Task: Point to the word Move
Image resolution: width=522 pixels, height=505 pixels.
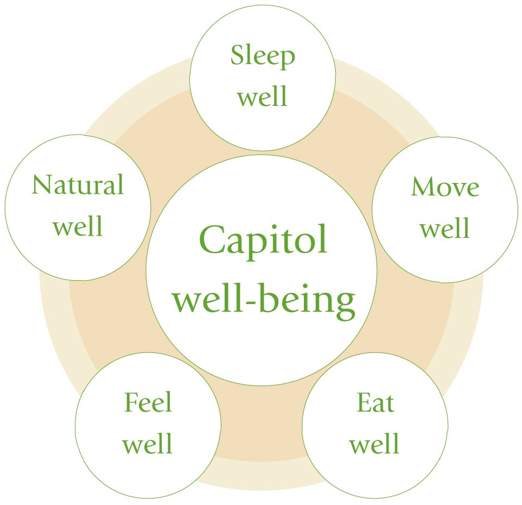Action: coord(445,187)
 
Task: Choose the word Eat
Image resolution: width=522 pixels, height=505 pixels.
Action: coord(375,403)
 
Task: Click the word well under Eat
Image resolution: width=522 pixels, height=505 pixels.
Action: coord(374,444)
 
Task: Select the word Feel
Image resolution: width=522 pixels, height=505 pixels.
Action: coord(148,403)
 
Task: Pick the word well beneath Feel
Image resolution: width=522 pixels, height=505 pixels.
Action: coord(148,444)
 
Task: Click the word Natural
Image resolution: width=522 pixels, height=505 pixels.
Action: coord(78,185)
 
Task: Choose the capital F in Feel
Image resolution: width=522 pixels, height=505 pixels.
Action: coord(131,403)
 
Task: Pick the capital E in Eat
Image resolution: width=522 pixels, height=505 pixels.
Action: coord(363,403)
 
